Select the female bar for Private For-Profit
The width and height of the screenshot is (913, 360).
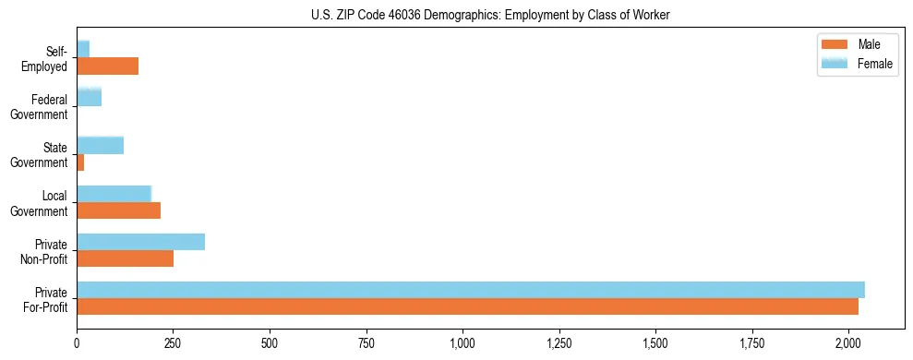coord(471,290)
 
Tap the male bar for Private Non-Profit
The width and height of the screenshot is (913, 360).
coord(125,259)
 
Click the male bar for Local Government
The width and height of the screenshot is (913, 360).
coord(118,211)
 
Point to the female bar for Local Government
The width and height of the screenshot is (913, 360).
coord(114,194)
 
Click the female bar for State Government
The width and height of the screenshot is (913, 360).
coord(100,146)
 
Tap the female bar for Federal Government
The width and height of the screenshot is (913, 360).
coord(89,97)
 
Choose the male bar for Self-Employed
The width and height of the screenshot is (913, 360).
coord(107,66)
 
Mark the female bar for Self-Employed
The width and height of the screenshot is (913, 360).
coord(83,49)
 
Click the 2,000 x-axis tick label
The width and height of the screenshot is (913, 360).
coord(848,344)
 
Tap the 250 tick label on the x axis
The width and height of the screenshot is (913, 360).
coord(173,344)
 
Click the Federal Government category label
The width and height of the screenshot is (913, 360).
coord(40,107)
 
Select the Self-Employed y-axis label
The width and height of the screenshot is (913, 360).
coord(44,59)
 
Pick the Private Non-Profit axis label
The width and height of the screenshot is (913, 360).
coord(45,251)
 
